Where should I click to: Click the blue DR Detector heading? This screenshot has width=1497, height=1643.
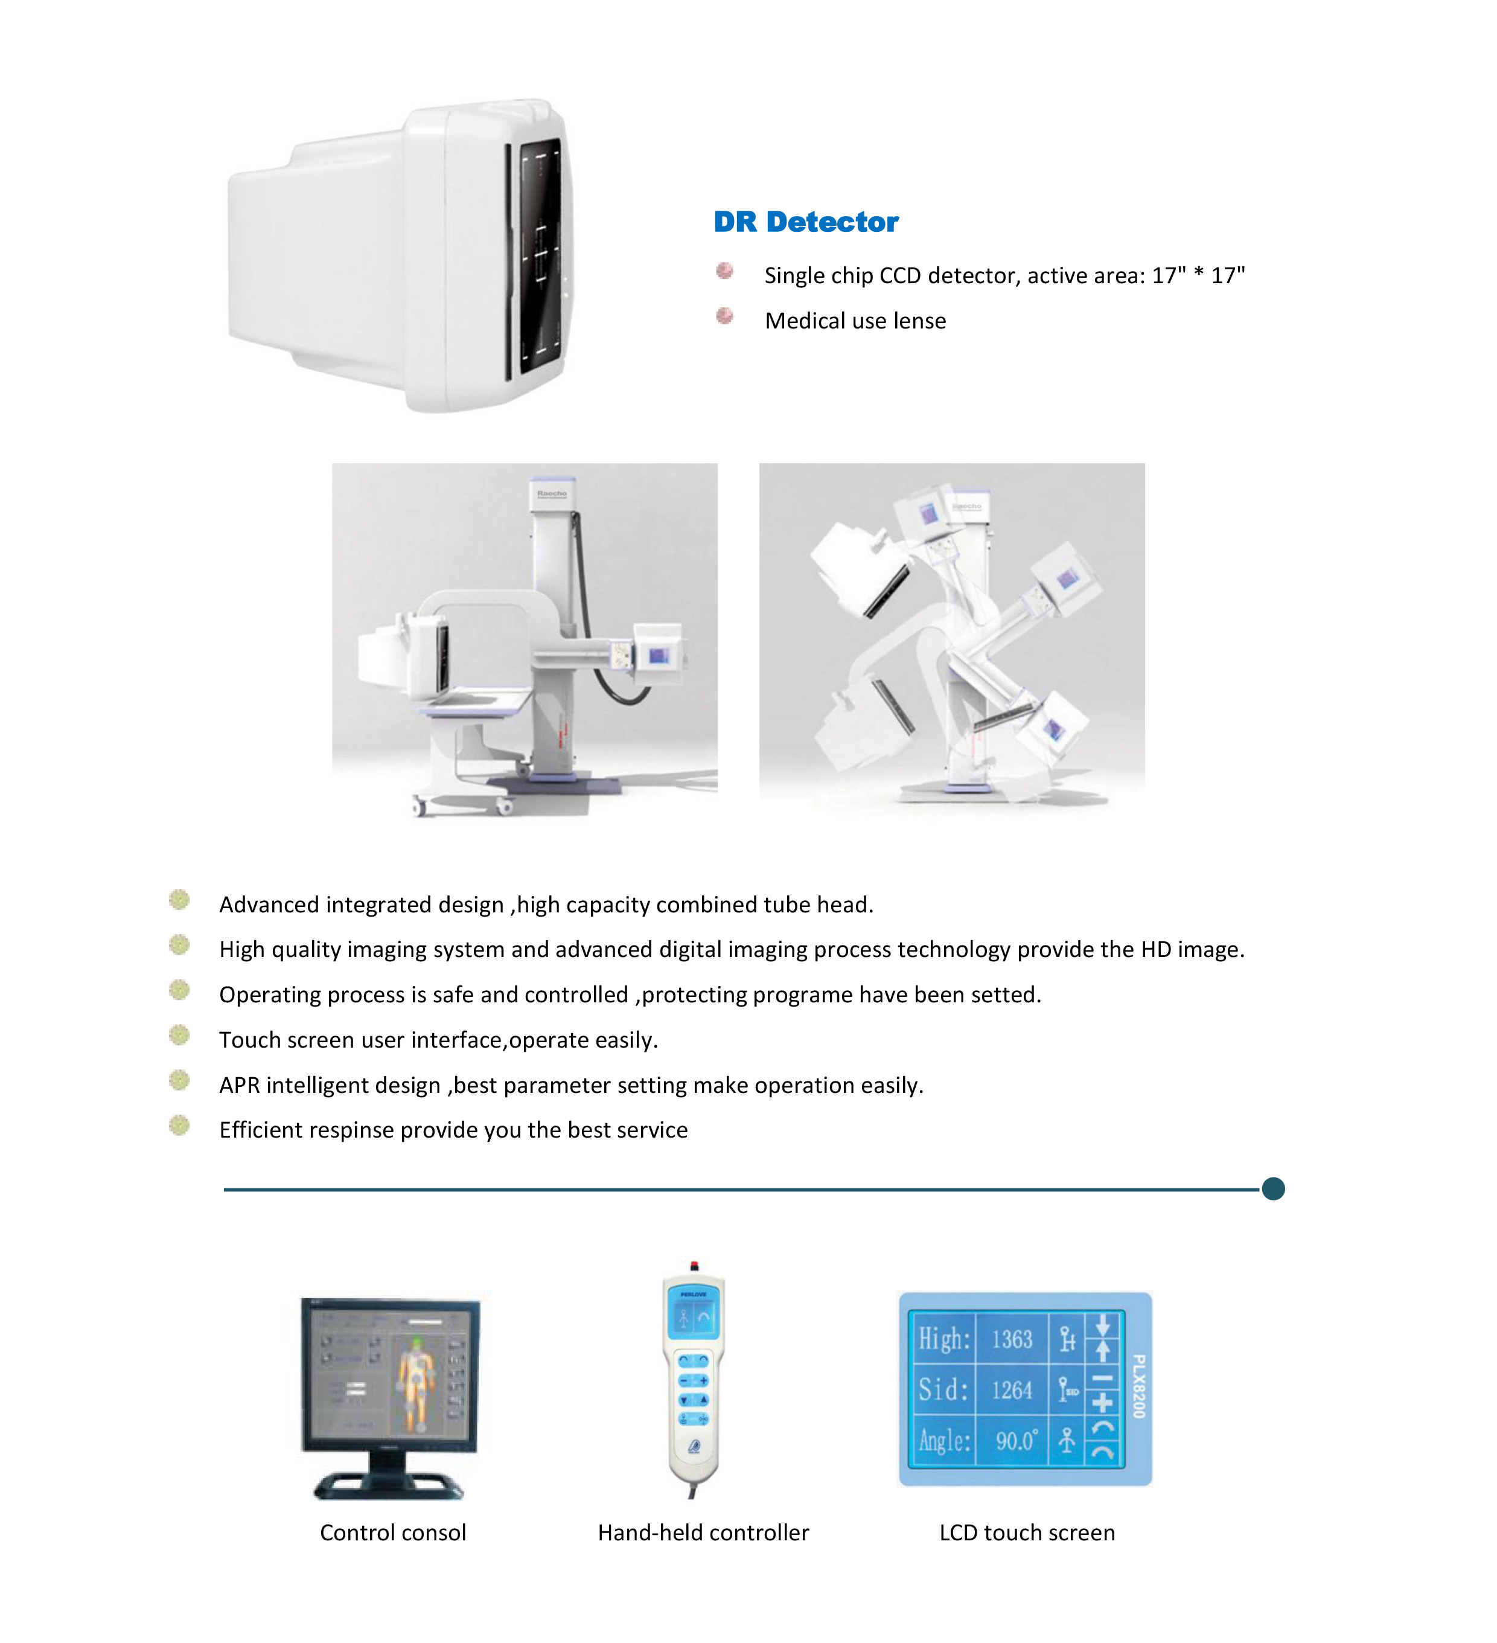pos(805,222)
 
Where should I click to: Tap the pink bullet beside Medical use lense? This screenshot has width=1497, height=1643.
pos(724,316)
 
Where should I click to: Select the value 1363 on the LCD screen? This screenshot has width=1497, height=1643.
pos(1010,1339)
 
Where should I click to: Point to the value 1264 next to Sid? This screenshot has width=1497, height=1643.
pos(1010,1391)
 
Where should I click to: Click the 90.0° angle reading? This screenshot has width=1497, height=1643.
pos(1016,1441)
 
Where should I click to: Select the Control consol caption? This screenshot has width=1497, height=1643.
pos(393,1533)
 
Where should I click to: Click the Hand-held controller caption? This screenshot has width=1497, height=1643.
pos(703,1533)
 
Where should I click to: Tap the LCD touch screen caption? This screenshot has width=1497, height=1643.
pos(1026,1533)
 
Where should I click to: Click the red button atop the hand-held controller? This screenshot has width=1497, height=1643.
pos(694,1266)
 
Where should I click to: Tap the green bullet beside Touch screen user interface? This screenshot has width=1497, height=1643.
pos(179,1036)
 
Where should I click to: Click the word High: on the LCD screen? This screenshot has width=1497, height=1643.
pos(943,1339)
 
